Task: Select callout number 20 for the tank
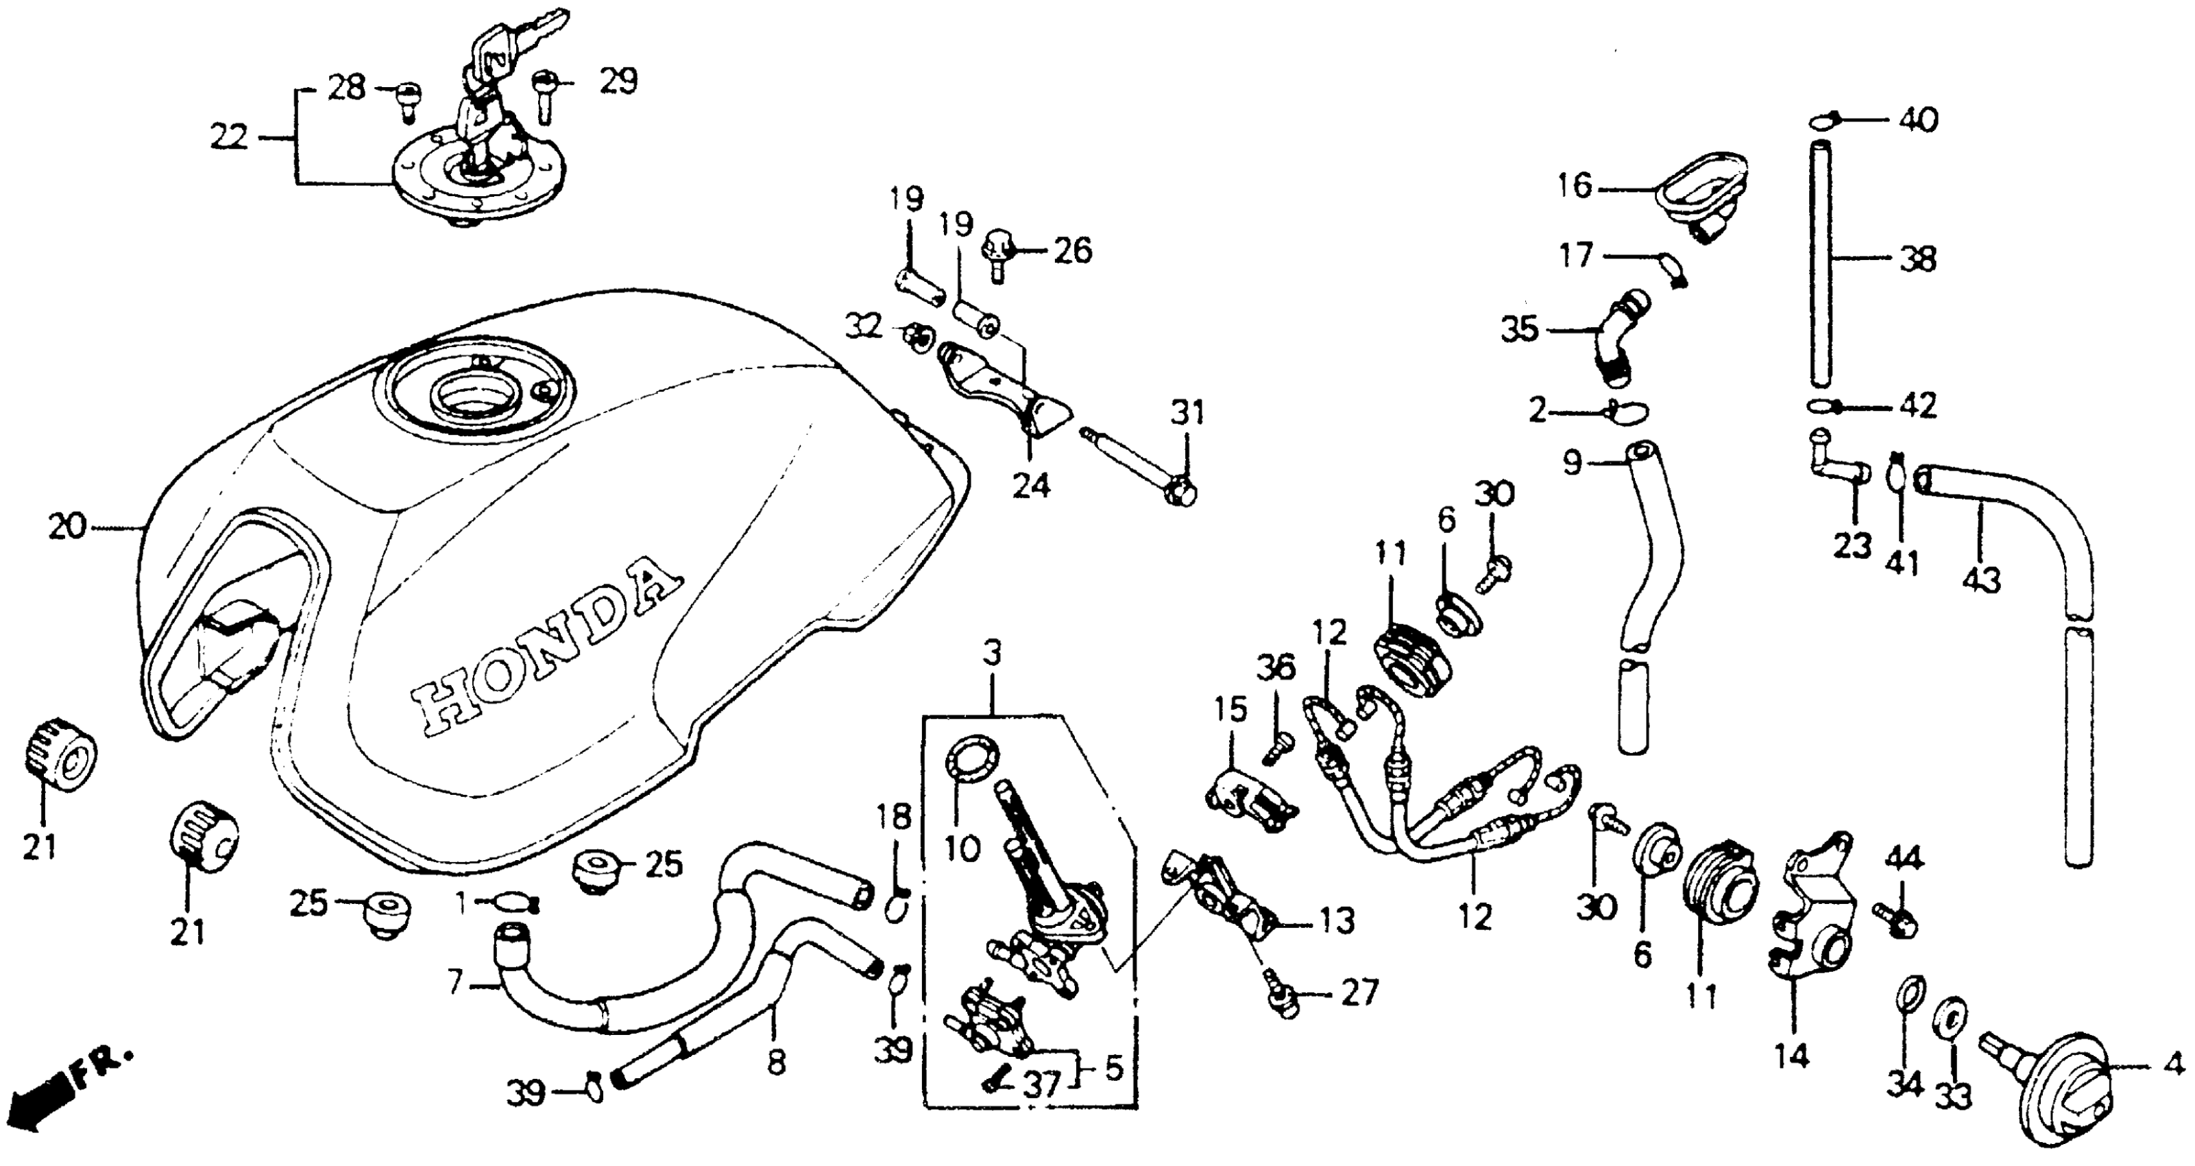pos(66,527)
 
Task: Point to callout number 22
pos(229,136)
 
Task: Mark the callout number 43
pos(1980,582)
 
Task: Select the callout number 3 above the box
pos(992,654)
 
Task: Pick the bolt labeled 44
pos(1897,920)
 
